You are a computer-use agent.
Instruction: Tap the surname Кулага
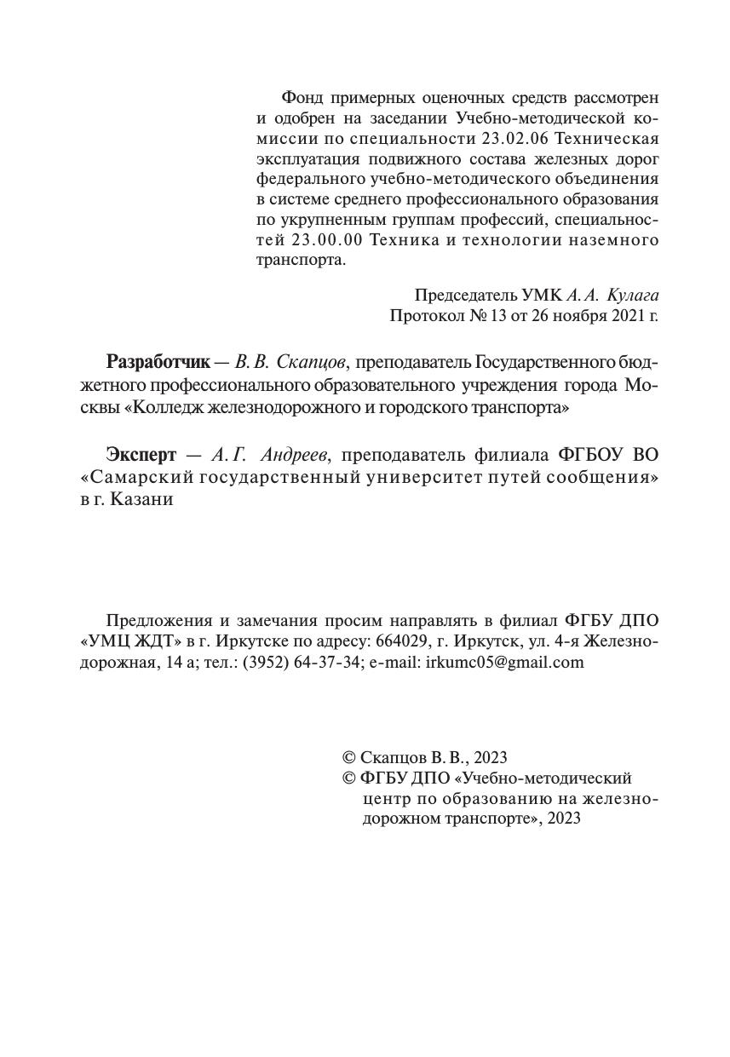coord(635,296)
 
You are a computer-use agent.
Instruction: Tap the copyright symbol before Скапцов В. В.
coord(348,757)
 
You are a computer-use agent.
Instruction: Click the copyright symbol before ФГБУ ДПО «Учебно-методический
coord(348,778)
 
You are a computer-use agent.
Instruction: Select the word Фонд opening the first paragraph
coord(300,97)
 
